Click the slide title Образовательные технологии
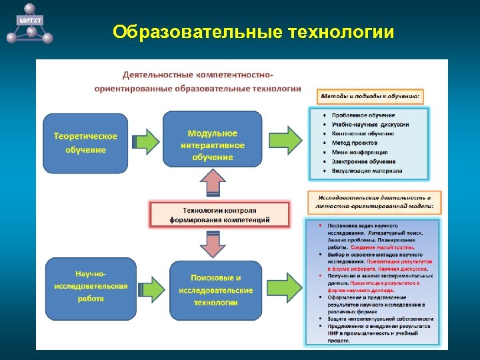[x=253, y=32]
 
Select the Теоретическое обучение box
[x=85, y=143]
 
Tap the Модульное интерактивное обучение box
[x=212, y=144]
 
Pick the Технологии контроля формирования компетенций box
[x=219, y=214]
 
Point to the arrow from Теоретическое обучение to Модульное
[x=147, y=140]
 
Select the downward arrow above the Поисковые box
[x=213, y=244]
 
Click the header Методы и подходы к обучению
[x=370, y=96]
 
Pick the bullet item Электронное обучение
[x=363, y=161]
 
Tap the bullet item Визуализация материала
[x=367, y=171]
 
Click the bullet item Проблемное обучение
[x=363, y=115]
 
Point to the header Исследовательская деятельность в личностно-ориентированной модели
[x=373, y=202]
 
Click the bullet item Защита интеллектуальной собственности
[x=380, y=319]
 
